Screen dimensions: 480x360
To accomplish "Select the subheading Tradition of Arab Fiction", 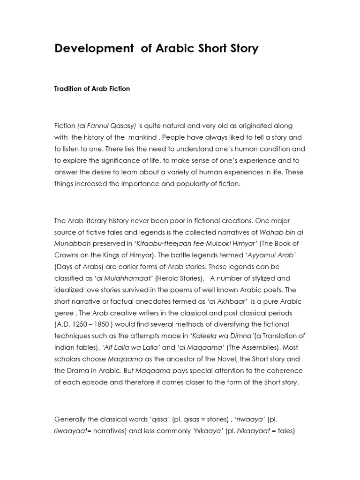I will click(x=92, y=89).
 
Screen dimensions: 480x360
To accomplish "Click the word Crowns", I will click(x=67, y=255).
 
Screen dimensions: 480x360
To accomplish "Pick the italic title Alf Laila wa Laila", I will click(x=135, y=347).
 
